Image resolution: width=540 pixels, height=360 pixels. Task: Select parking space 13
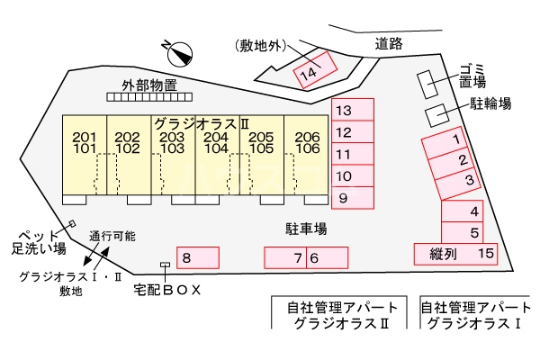pyautogui.click(x=352, y=111)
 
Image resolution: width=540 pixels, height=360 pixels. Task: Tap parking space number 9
pyautogui.click(x=352, y=197)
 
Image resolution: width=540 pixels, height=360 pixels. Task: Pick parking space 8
pyautogui.click(x=197, y=258)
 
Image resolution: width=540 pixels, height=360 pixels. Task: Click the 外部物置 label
pyautogui.click(x=149, y=86)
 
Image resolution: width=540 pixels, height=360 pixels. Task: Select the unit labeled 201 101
pyautogui.click(x=84, y=142)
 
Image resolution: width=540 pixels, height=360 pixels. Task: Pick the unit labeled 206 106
pyautogui.click(x=307, y=142)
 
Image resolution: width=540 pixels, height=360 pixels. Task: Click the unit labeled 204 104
pyautogui.click(x=216, y=142)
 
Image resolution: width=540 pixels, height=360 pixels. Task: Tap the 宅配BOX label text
pyautogui.click(x=166, y=290)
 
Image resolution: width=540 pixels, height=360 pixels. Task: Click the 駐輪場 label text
pyautogui.click(x=490, y=103)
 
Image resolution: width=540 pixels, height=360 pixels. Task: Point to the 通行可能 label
pyautogui.click(x=113, y=236)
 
